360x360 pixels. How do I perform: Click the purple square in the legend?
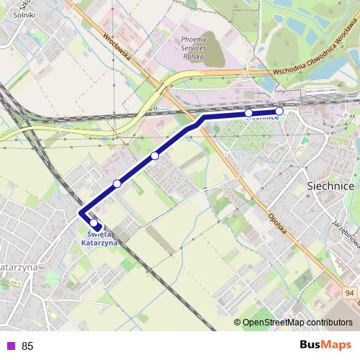tap(10, 346)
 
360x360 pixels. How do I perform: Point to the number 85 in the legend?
tap(27, 346)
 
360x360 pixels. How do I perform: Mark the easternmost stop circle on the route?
tap(279, 112)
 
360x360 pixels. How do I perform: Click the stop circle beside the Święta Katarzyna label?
tap(94, 223)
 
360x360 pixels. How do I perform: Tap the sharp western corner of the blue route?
tap(81, 214)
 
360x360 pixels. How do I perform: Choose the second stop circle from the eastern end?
tap(248, 113)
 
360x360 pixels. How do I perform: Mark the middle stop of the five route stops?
tap(155, 156)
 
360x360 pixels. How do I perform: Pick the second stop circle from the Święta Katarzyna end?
tap(117, 184)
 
